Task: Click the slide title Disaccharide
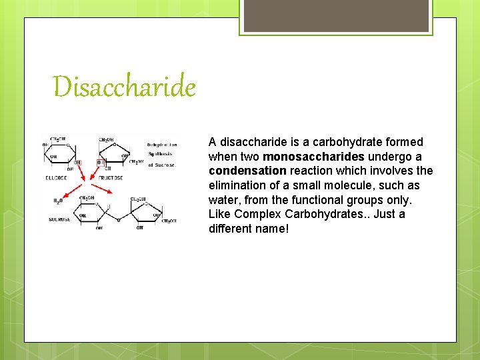pyautogui.click(x=125, y=87)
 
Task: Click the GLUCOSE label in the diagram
pyautogui.click(x=56, y=178)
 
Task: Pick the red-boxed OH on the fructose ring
pyautogui.click(x=101, y=161)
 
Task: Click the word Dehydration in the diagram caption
pyautogui.click(x=162, y=144)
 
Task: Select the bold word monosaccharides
pyautogui.click(x=314, y=157)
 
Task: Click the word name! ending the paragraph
pyautogui.click(x=273, y=229)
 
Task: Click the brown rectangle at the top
pyautogui.click(x=335, y=15)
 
